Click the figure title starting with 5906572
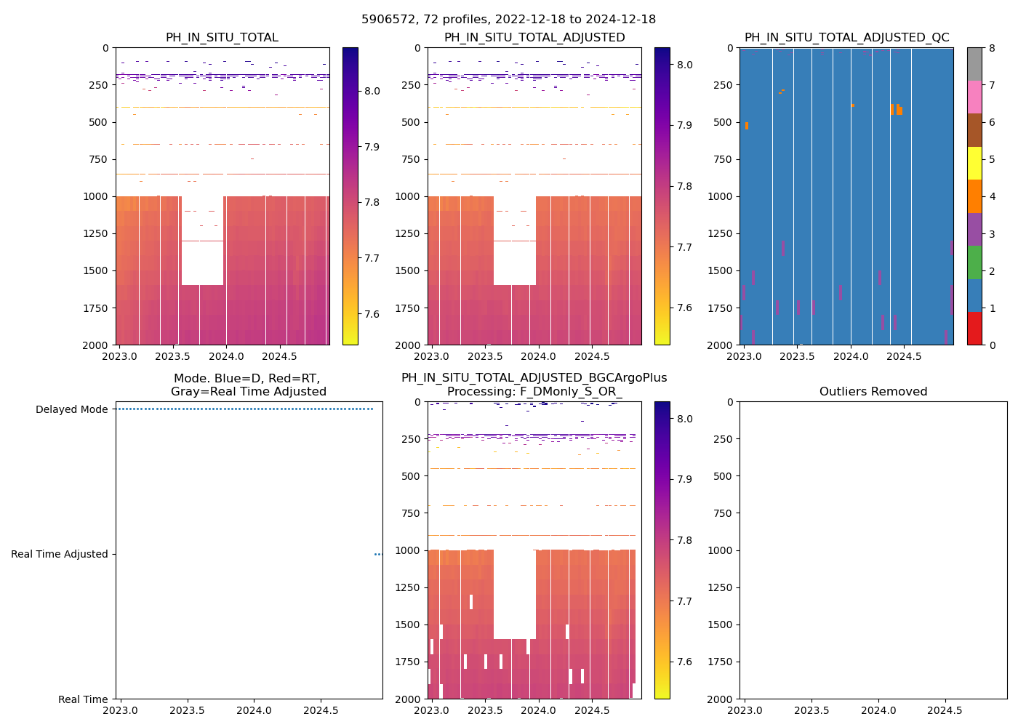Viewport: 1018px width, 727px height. (x=508, y=20)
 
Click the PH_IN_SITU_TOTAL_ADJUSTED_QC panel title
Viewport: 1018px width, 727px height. (x=846, y=38)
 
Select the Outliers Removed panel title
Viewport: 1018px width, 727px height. (x=873, y=392)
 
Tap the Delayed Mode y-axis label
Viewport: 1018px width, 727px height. (x=71, y=409)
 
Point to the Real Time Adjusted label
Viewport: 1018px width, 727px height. (x=59, y=554)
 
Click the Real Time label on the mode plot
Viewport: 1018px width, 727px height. (x=83, y=699)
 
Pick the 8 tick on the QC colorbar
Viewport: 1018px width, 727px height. (x=992, y=49)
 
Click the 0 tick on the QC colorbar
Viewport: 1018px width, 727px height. (x=992, y=345)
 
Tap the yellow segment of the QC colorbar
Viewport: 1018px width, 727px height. (x=974, y=164)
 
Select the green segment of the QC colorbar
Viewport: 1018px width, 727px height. (x=974, y=262)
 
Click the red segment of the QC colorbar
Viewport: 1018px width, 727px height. (x=974, y=329)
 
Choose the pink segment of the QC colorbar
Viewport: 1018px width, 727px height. (x=974, y=97)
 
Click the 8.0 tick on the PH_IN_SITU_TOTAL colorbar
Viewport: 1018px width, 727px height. (x=372, y=91)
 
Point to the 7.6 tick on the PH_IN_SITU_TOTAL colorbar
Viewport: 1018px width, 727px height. (x=372, y=314)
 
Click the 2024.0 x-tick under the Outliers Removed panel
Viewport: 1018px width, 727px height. (x=878, y=710)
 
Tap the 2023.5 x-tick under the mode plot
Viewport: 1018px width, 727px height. (x=187, y=710)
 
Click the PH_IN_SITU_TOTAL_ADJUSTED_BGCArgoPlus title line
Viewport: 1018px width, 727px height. (x=534, y=378)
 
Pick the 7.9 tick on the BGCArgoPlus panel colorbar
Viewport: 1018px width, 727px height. (x=684, y=479)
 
